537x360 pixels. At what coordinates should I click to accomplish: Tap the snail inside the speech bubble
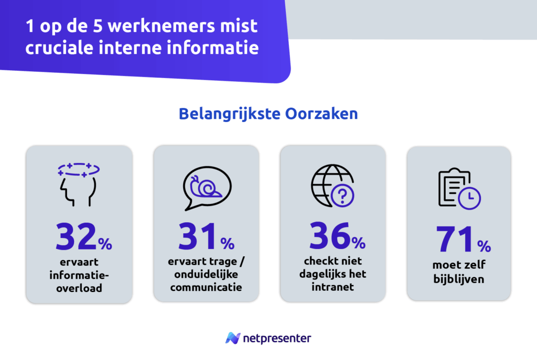pyautogui.click(x=206, y=187)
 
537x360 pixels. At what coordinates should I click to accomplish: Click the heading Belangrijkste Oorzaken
pyautogui.click(x=268, y=114)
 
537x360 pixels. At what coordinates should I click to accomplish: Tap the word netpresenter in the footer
pyautogui.click(x=277, y=338)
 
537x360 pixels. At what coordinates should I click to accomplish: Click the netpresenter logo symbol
pyautogui.click(x=233, y=338)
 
